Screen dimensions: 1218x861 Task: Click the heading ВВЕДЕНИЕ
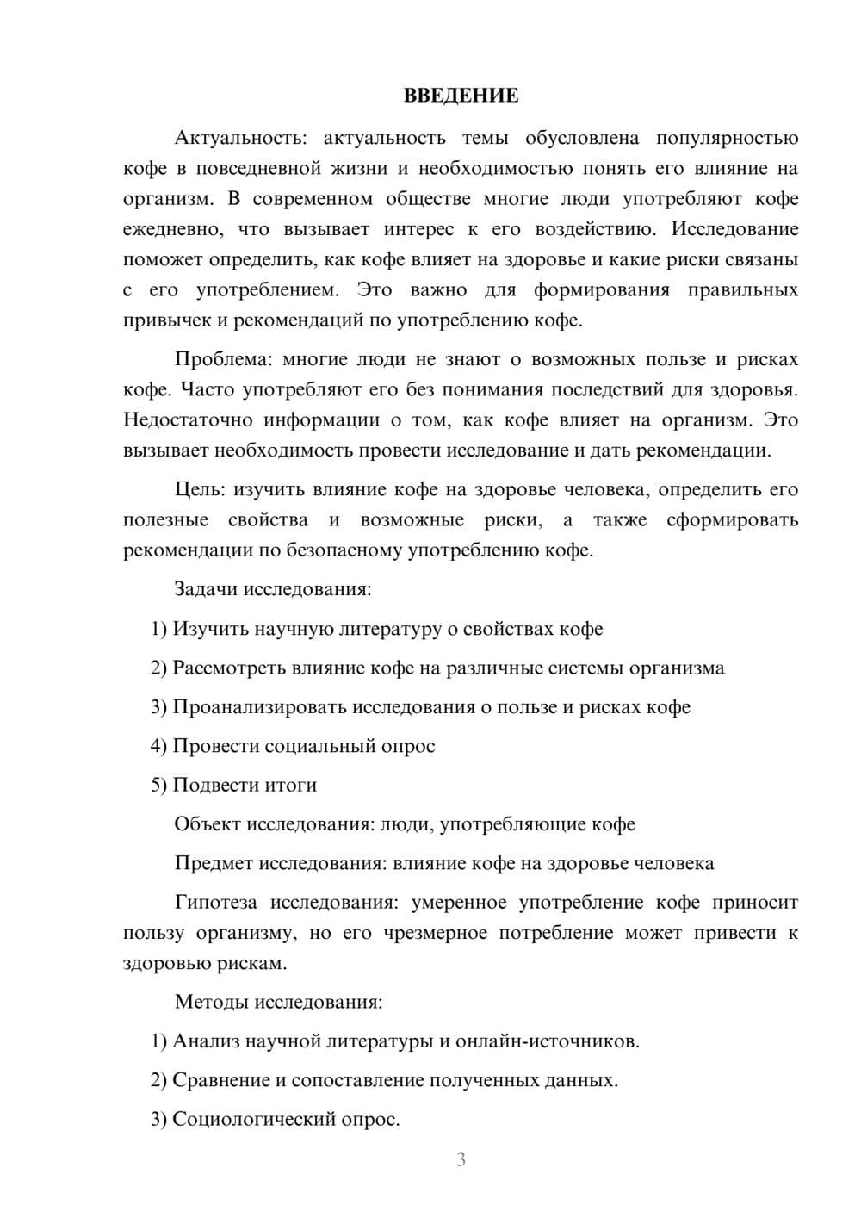click(x=461, y=96)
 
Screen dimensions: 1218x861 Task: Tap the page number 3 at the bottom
click(x=461, y=1159)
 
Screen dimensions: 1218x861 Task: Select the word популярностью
click(x=727, y=138)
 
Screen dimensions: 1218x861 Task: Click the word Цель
click(x=198, y=489)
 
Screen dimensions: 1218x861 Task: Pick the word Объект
click(x=208, y=824)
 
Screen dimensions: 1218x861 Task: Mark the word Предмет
click(x=214, y=863)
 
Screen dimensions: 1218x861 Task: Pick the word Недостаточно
click(x=188, y=420)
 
